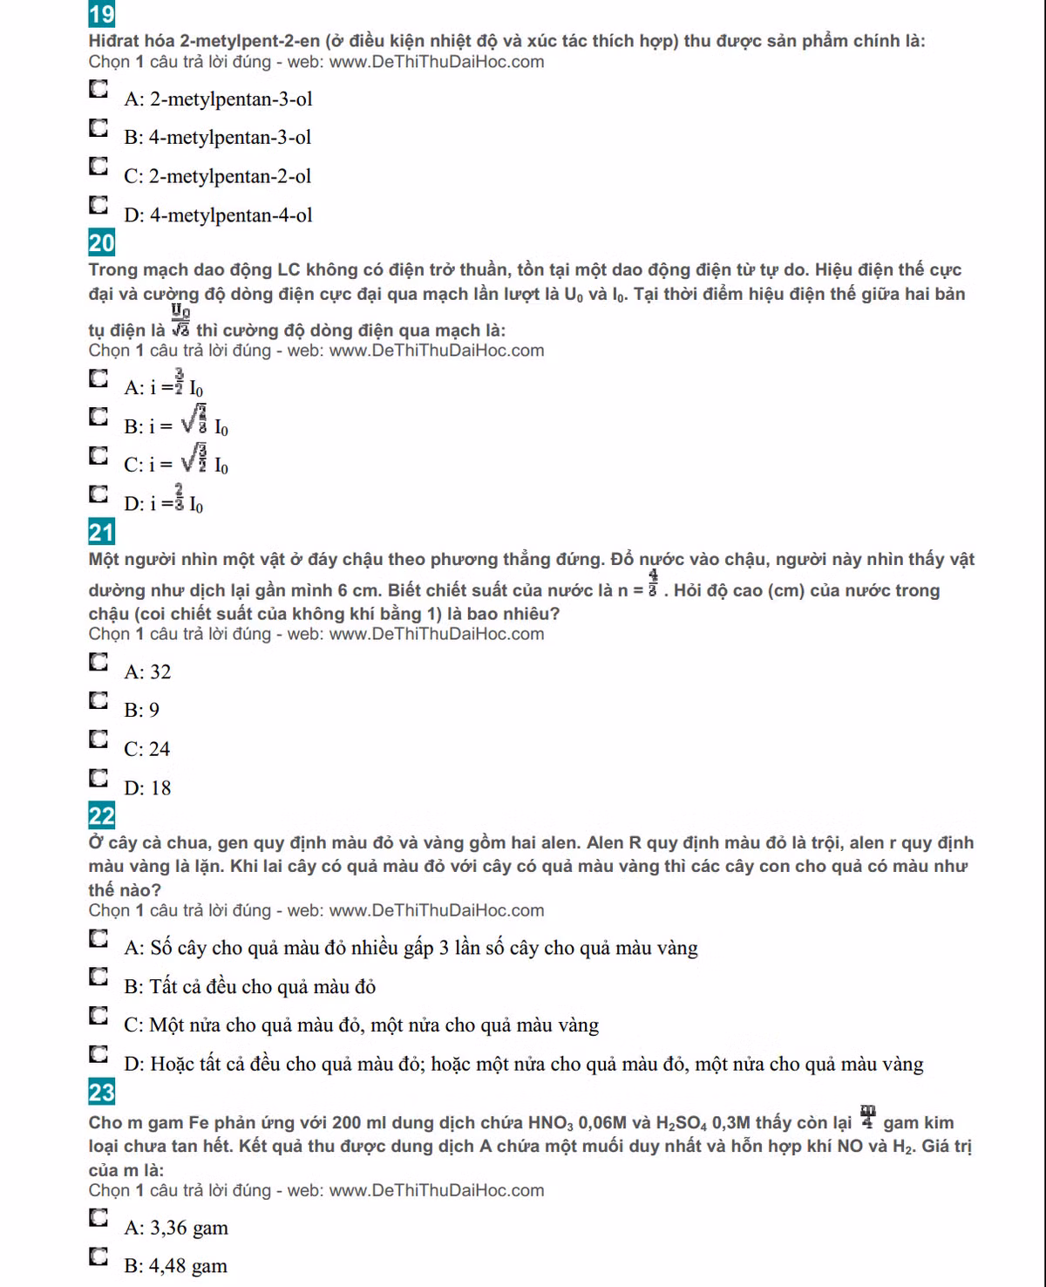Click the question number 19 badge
click(101, 14)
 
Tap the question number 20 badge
click(101, 242)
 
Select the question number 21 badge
click(101, 532)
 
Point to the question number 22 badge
click(101, 816)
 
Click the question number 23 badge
click(101, 1093)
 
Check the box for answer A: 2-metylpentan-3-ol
click(98, 89)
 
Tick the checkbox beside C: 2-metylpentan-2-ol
click(98, 166)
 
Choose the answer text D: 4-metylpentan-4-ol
click(218, 215)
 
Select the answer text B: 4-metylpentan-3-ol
click(217, 138)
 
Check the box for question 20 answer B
click(98, 416)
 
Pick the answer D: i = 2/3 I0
click(164, 503)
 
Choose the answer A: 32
click(147, 672)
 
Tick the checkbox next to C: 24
click(98, 739)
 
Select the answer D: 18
click(147, 788)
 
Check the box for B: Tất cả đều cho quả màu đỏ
click(98, 976)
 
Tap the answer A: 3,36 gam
click(176, 1228)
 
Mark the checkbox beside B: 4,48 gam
click(98, 1256)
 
